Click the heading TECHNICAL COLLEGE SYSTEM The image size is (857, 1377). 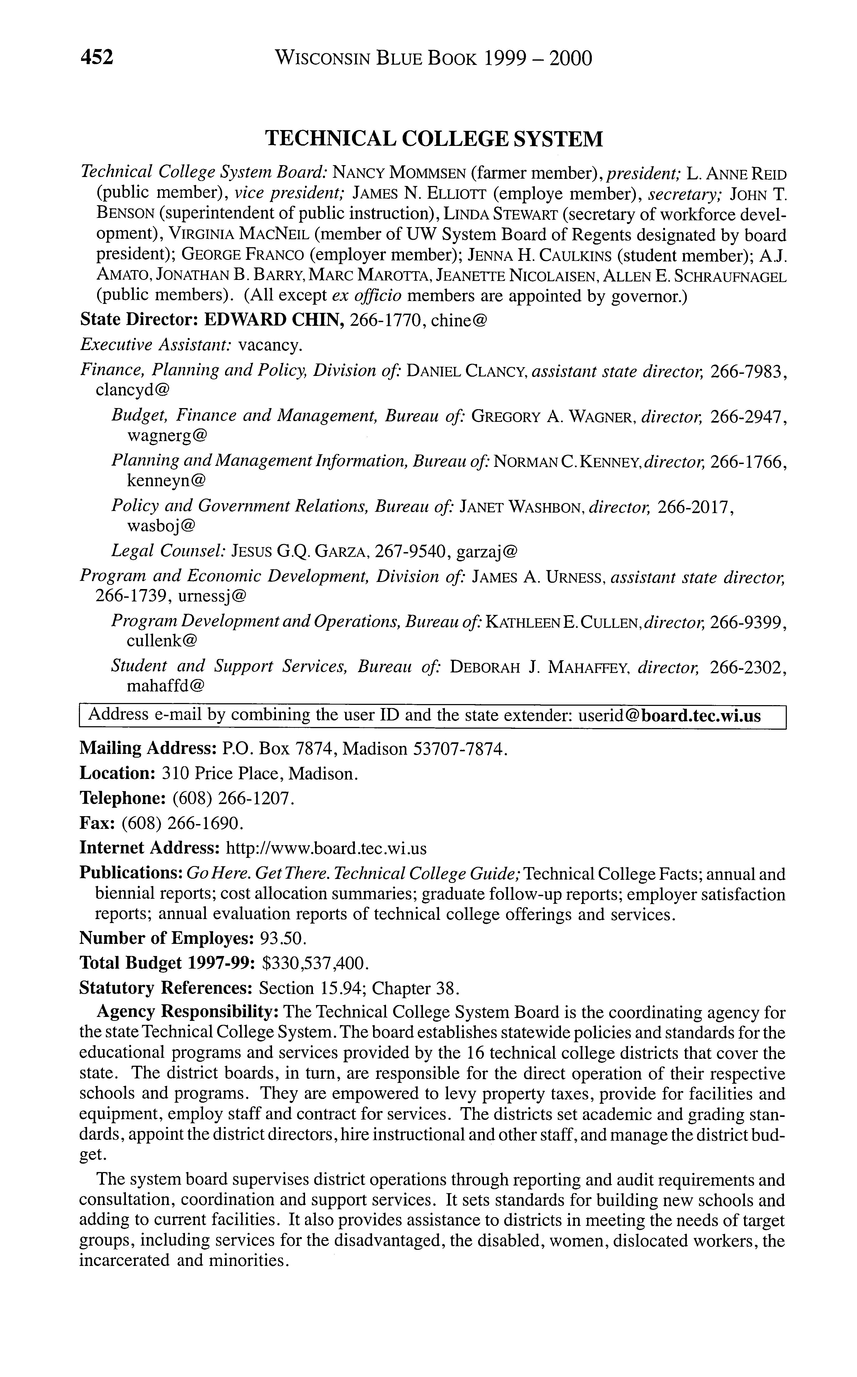pos(435,138)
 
